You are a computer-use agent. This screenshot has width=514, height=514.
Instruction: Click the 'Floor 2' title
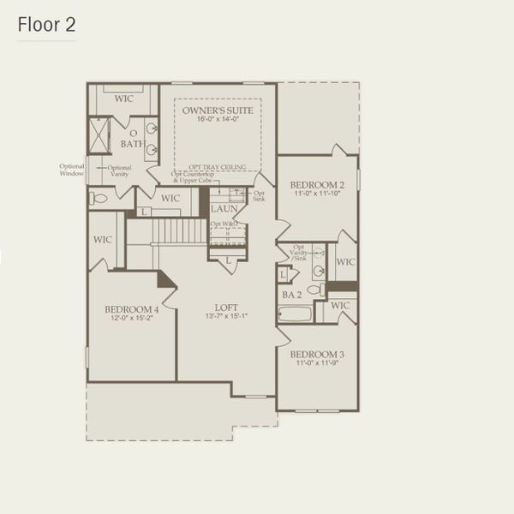tap(45, 25)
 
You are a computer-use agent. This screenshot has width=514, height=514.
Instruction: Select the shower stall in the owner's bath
tap(99, 135)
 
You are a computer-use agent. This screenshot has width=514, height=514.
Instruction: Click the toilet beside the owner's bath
tap(99, 198)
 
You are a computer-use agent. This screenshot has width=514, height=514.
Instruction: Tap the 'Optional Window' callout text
tap(72, 170)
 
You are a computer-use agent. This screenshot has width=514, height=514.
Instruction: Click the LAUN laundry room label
tap(224, 208)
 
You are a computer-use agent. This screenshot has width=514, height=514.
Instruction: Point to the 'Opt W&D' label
tap(224, 224)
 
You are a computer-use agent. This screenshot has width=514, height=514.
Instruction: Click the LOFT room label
tap(226, 308)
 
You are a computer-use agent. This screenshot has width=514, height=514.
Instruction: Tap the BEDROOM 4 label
tap(131, 309)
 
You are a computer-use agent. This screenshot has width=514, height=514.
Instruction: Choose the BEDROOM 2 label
tap(316, 185)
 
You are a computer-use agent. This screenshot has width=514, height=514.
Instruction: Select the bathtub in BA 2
tap(296, 314)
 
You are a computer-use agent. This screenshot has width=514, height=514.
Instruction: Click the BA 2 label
tap(291, 295)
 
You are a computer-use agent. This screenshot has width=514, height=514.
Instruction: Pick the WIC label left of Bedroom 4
tap(103, 241)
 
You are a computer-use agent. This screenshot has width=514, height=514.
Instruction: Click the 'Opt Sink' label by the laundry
tap(259, 196)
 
